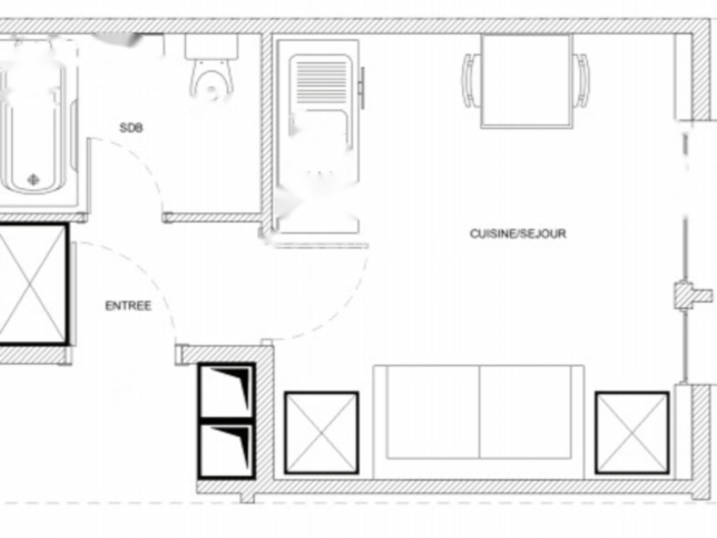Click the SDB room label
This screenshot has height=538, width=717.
coord(132,128)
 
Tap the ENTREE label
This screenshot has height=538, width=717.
coord(128,306)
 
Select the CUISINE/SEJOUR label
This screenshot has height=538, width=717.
coord(518,233)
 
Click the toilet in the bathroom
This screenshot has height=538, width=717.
coord(211,81)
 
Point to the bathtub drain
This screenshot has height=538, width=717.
coord(34,179)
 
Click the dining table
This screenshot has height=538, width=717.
coord(527,80)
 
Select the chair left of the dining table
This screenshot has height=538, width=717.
coord(471,81)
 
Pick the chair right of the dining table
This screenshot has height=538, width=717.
coord(581,81)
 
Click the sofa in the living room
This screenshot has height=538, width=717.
coord(479,420)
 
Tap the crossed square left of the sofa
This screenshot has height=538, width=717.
coord(321,432)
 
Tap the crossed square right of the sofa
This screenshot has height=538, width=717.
coord(632,432)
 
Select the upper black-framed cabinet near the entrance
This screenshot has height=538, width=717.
coord(227,389)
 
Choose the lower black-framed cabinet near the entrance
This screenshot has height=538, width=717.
coord(227,450)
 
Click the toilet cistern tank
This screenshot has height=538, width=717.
coord(211,46)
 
